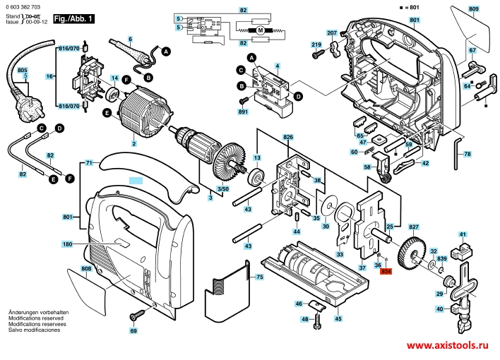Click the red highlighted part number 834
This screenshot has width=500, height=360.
[x=386, y=271]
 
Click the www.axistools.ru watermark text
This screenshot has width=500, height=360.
[x=448, y=346]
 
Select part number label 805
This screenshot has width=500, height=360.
[x=22, y=71]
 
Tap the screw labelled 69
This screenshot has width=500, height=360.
[x=133, y=316]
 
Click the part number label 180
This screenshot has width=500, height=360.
[x=66, y=244]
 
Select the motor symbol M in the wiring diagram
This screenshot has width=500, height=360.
[x=259, y=30]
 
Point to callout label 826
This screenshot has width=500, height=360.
[x=288, y=136]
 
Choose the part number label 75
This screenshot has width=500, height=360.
[x=259, y=278]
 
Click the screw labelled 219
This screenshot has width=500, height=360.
[x=320, y=52]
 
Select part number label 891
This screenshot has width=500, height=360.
[x=243, y=112]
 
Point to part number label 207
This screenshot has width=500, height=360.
[x=331, y=33]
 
